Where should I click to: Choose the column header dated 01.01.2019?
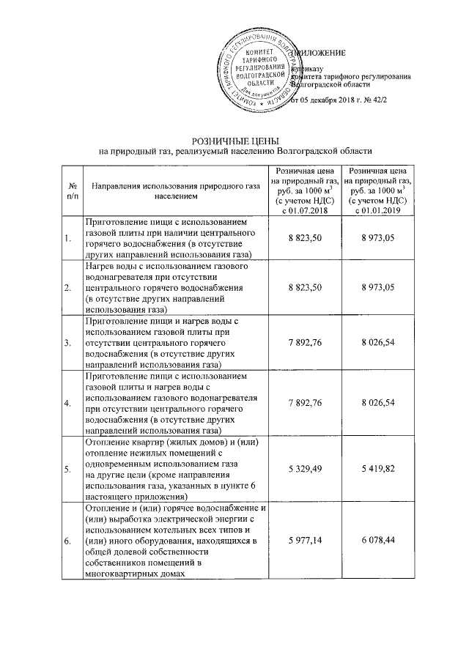coord(377,190)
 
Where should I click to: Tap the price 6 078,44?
coord(377,541)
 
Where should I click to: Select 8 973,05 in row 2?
coord(377,286)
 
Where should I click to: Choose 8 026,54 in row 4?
coord(377,402)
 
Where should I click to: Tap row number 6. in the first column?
coord(67,541)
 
